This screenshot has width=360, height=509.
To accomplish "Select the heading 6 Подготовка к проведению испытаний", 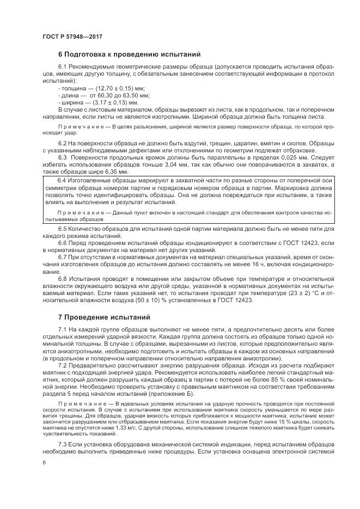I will tap(130, 54).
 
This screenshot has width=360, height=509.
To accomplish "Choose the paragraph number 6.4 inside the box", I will tap(62, 180).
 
